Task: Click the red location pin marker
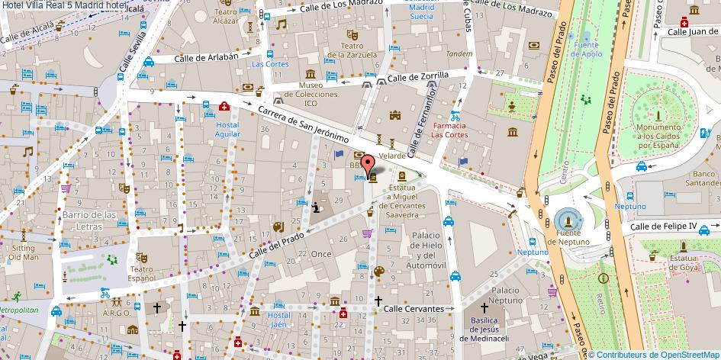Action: tap(368, 165)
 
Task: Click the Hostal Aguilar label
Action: tap(227, 130)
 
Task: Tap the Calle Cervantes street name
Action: tap(413, 309)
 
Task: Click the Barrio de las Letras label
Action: tap(89, 220)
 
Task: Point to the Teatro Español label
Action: tap(141, 274)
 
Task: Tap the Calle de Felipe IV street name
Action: tap(663, 227)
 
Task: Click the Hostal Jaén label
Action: tap(279, 320)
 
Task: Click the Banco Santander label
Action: tap(702, 178)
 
